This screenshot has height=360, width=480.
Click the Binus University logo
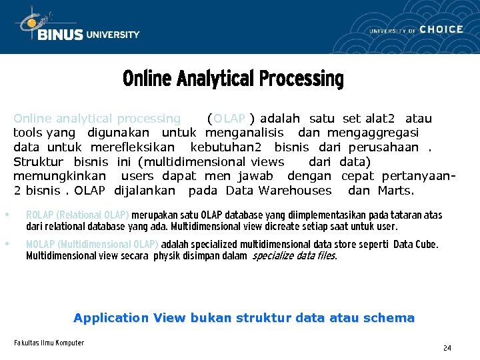79,27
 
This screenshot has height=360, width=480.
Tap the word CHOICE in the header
441,29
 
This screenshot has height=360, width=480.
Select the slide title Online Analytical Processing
233,79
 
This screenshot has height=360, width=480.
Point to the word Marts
395,191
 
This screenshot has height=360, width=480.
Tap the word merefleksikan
132,147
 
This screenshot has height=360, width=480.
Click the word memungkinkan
59,176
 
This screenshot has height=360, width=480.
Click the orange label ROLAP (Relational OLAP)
77,215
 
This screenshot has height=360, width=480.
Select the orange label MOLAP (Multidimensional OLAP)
92,244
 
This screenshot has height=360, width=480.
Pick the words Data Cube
415,244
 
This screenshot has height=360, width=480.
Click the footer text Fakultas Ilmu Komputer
49,343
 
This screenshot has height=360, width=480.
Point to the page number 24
447,348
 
